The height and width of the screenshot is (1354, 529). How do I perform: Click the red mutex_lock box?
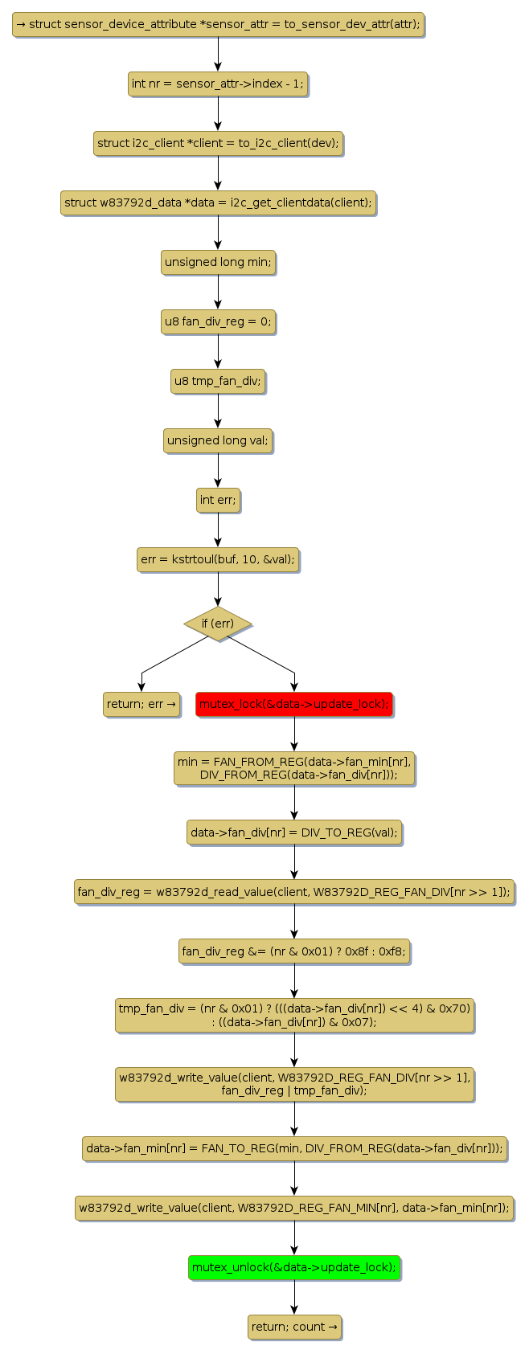(294, 704)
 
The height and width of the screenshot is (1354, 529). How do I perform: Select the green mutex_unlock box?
(294, 1267)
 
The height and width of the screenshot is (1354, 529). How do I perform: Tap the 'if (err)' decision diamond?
(218, 624)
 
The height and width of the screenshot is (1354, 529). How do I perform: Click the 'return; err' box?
(141, 704)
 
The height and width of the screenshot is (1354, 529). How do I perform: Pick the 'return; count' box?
(294, 1327)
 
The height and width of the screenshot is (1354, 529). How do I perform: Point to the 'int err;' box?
(218, 500)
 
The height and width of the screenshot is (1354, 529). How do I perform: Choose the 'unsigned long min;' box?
(218, 262)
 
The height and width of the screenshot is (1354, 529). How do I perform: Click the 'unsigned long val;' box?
(218, 440)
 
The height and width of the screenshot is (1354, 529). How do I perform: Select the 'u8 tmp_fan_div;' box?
(218, 381)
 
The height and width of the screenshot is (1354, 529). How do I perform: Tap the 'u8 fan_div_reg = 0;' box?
(218, 322)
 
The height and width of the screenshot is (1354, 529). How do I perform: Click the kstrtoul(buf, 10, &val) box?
(218, 559)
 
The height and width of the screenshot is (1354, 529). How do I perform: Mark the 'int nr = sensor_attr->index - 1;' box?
(218, 84)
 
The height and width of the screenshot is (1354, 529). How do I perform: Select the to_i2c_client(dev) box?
(218, 143)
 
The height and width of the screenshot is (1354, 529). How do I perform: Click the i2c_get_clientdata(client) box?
(218, 202)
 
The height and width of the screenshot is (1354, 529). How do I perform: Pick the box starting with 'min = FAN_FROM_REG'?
(294, 768)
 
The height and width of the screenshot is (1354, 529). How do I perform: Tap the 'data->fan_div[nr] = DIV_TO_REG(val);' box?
(294, 832)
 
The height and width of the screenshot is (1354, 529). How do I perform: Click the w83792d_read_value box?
(294, 891)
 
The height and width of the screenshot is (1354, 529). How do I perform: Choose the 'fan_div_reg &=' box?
(294, 951)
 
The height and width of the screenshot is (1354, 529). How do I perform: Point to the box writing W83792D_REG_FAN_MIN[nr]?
(294, 1208)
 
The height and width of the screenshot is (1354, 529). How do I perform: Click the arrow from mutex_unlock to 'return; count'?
(294, 1297)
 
